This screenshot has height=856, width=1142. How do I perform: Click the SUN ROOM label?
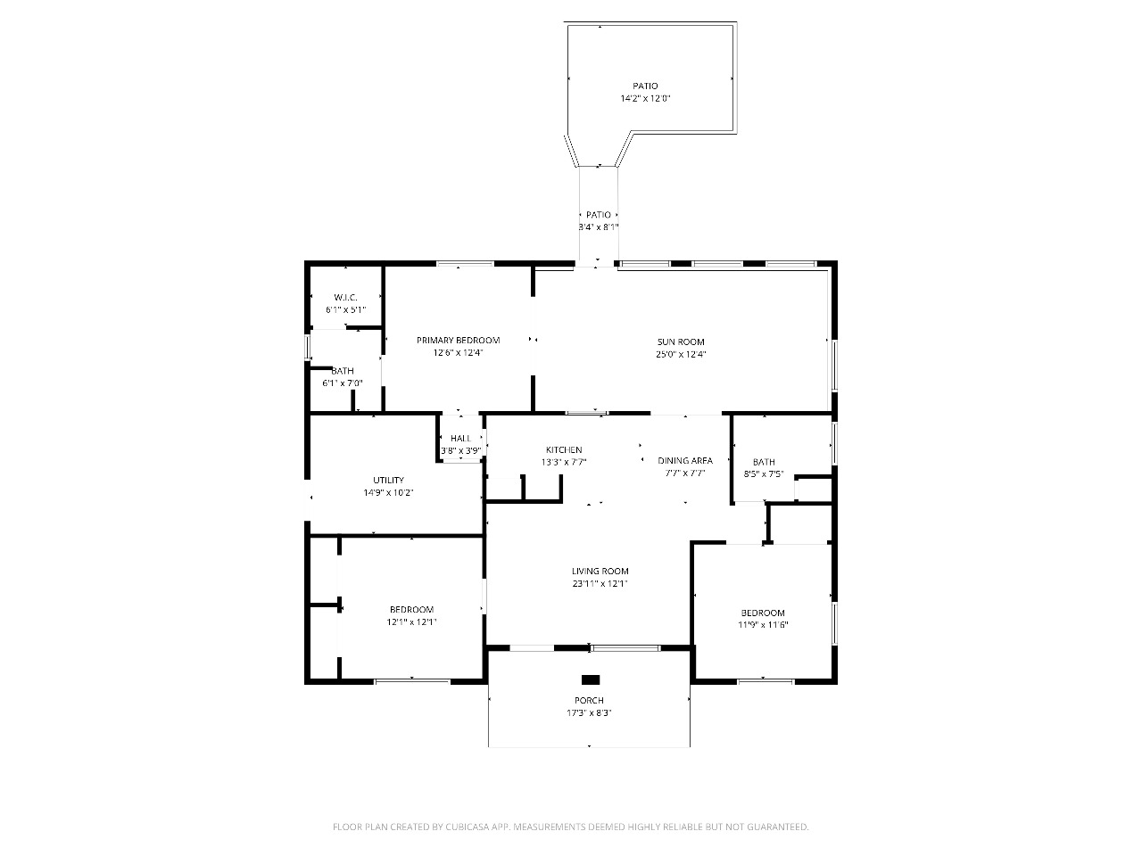pos(681,342)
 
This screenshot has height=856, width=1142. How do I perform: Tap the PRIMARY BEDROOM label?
pos(458,341)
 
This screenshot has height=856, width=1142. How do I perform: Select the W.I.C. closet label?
pos(345,298)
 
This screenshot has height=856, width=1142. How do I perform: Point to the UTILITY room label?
pos(388,481)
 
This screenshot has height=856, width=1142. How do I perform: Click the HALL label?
pos(460,439)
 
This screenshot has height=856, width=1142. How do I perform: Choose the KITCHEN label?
pos(564,450)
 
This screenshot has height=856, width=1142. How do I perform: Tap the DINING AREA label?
pos(685,460)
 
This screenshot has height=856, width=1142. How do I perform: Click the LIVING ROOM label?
pos(600,572)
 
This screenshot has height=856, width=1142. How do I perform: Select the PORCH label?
pos(589,701)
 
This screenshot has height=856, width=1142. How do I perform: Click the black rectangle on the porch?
pos(591,679)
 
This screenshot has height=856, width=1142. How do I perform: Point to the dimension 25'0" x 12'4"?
pos(681,355)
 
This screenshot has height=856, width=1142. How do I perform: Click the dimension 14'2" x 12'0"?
pos(645,98)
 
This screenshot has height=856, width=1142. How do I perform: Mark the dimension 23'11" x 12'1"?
pos(600,584)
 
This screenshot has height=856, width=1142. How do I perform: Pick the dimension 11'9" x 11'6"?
pos(763,625)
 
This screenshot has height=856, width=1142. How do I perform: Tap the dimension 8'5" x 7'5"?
pos(764,474)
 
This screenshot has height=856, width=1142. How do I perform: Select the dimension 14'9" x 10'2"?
pos(388,493)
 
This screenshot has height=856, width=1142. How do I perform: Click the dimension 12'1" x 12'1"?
pos(411,622)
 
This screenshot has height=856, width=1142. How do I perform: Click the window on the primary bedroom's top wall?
pos(465,264)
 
